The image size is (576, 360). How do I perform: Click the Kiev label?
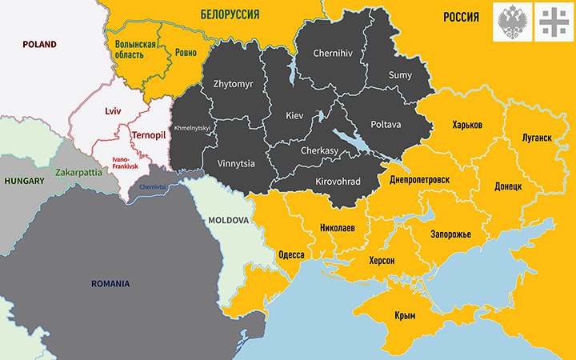[x=295, y=116]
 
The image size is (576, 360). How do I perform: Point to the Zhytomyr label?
[x=232, y=83]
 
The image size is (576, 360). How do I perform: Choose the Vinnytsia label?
[x=236, y=163]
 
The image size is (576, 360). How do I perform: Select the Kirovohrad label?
[x=338, y=182]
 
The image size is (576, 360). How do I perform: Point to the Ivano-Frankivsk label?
[x=126, y=162]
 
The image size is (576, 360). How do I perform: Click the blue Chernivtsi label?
[x=153, y=187]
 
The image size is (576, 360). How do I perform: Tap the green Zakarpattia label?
[x=78, y=172]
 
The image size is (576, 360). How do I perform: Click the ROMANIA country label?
[x=110, y=283]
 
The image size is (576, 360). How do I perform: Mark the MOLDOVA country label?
[x=229, y=219]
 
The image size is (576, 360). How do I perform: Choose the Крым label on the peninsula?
[x=405, y=316]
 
